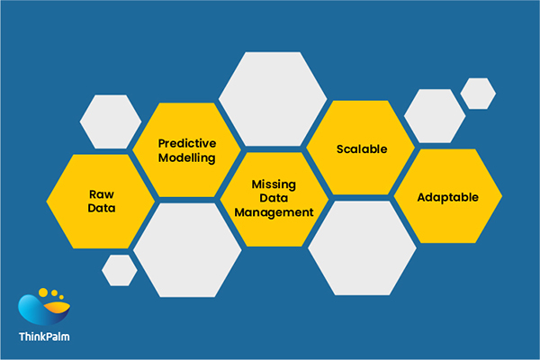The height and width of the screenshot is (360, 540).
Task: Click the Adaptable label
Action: coord(448,197)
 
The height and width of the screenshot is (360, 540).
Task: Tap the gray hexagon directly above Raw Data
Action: coord(111,121)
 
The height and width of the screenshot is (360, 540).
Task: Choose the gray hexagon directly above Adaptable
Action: coord(434,115)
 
